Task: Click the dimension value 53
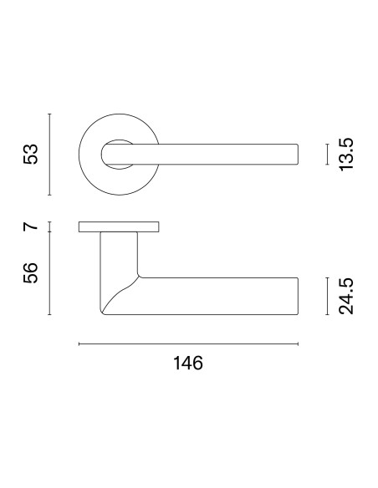pyautogui.click(x=30, y=154)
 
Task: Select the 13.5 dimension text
pyautogui.click(x=346, y=154)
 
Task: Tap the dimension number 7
pyautogui.click(x=30, y=226)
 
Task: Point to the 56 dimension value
pyautogui.click(x=30, y=273)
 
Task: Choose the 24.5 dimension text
pyautogui.click(x=346, y=296)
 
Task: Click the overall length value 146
pyautogui.click(x=188, y=363)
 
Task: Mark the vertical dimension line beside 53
pyautogui.click(x=49, y=155)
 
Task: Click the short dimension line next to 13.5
pyautogui.click(x=327, y=154)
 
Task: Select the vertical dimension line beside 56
pyautogui.click(x=49, y=273)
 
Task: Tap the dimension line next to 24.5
pyautogui.click(x=327, y=296)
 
